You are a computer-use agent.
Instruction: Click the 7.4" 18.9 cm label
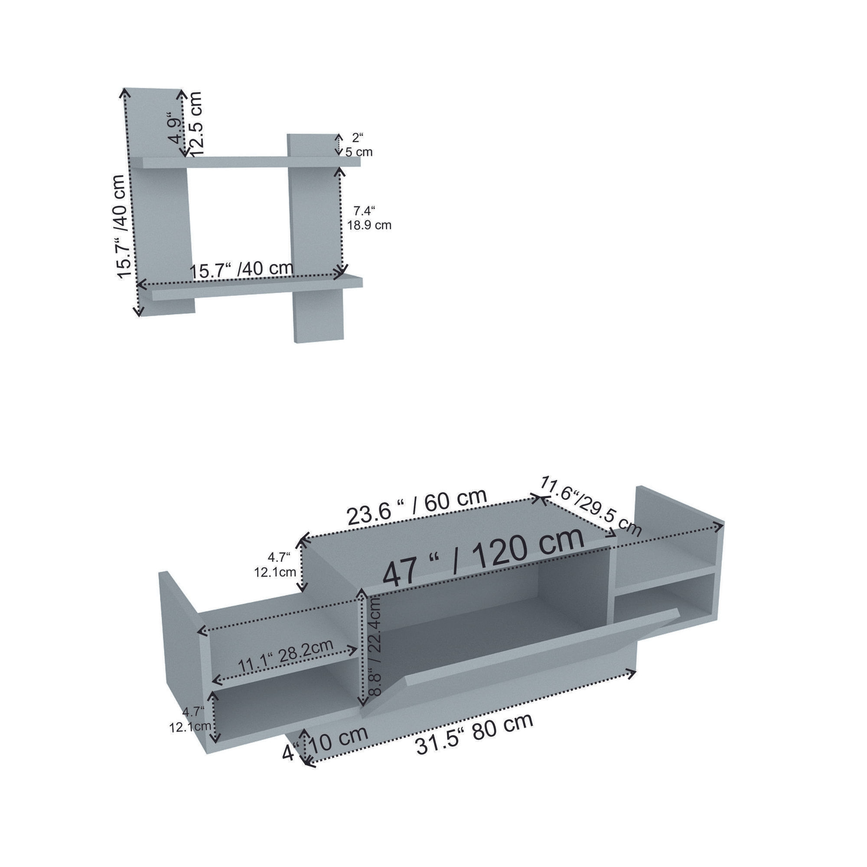pyautogui.click(x=369, y=218)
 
